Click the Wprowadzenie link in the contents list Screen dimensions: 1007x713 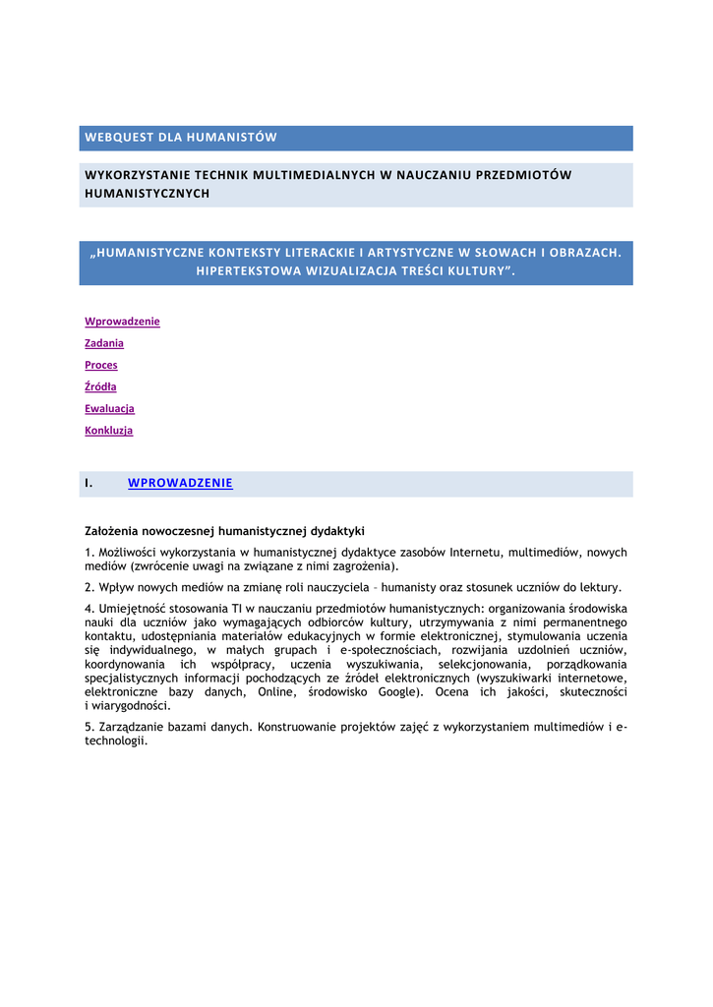tap(122, 322)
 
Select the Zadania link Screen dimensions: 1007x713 tap(104, 343)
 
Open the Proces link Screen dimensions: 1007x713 tap(101, 365)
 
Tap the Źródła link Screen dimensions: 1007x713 tap(100, 386)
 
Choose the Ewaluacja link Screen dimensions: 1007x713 tap(109, 408)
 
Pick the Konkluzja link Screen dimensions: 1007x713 tap(108, 430)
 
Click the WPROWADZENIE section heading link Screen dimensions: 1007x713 tap(180, 483)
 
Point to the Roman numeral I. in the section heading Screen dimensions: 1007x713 tap(89, 483)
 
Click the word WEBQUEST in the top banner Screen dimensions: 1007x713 tap(118, 138)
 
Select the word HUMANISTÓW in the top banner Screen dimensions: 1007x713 tap(232, 138)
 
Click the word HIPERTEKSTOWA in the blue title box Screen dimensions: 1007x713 tap(247, 270)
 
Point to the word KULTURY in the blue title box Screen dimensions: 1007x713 tap(474, 270)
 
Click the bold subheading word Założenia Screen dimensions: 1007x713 tap(112, 531)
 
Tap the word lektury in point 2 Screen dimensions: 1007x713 tap(598, 588)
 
